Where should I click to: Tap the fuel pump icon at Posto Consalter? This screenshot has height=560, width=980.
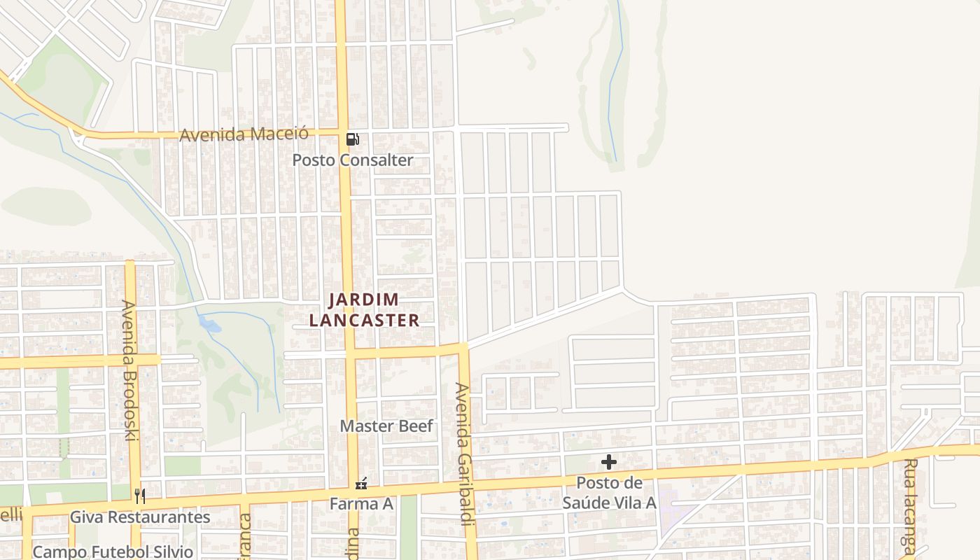[x=353, y=139]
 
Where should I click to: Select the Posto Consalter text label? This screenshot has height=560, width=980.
[x=353, y=160]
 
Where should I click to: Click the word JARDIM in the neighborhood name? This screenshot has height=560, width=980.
[x=364, y=300]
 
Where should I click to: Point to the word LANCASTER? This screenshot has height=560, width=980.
[x=364, y=321]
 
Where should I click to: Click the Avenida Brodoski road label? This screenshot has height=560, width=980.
[x=129, y=370]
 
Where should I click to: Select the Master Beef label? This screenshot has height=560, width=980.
[x=386, y=426]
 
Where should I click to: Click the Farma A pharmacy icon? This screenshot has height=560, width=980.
[x=361, y=483]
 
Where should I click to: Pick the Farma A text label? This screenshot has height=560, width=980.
[x=361, y=504]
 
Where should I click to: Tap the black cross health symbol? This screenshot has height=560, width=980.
[x=609, y=462]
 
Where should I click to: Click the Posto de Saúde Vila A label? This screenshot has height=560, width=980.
[x=609, y=493]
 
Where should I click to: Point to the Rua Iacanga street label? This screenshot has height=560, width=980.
[x=910, y=505]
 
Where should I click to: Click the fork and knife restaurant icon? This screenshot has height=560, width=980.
[x=140, y=496]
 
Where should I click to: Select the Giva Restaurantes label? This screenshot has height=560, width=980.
[x=140, y=517]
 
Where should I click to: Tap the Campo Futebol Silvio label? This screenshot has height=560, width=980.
[x=113, y=552]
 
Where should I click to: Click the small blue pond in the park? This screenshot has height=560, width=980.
[x=209, y=323]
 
